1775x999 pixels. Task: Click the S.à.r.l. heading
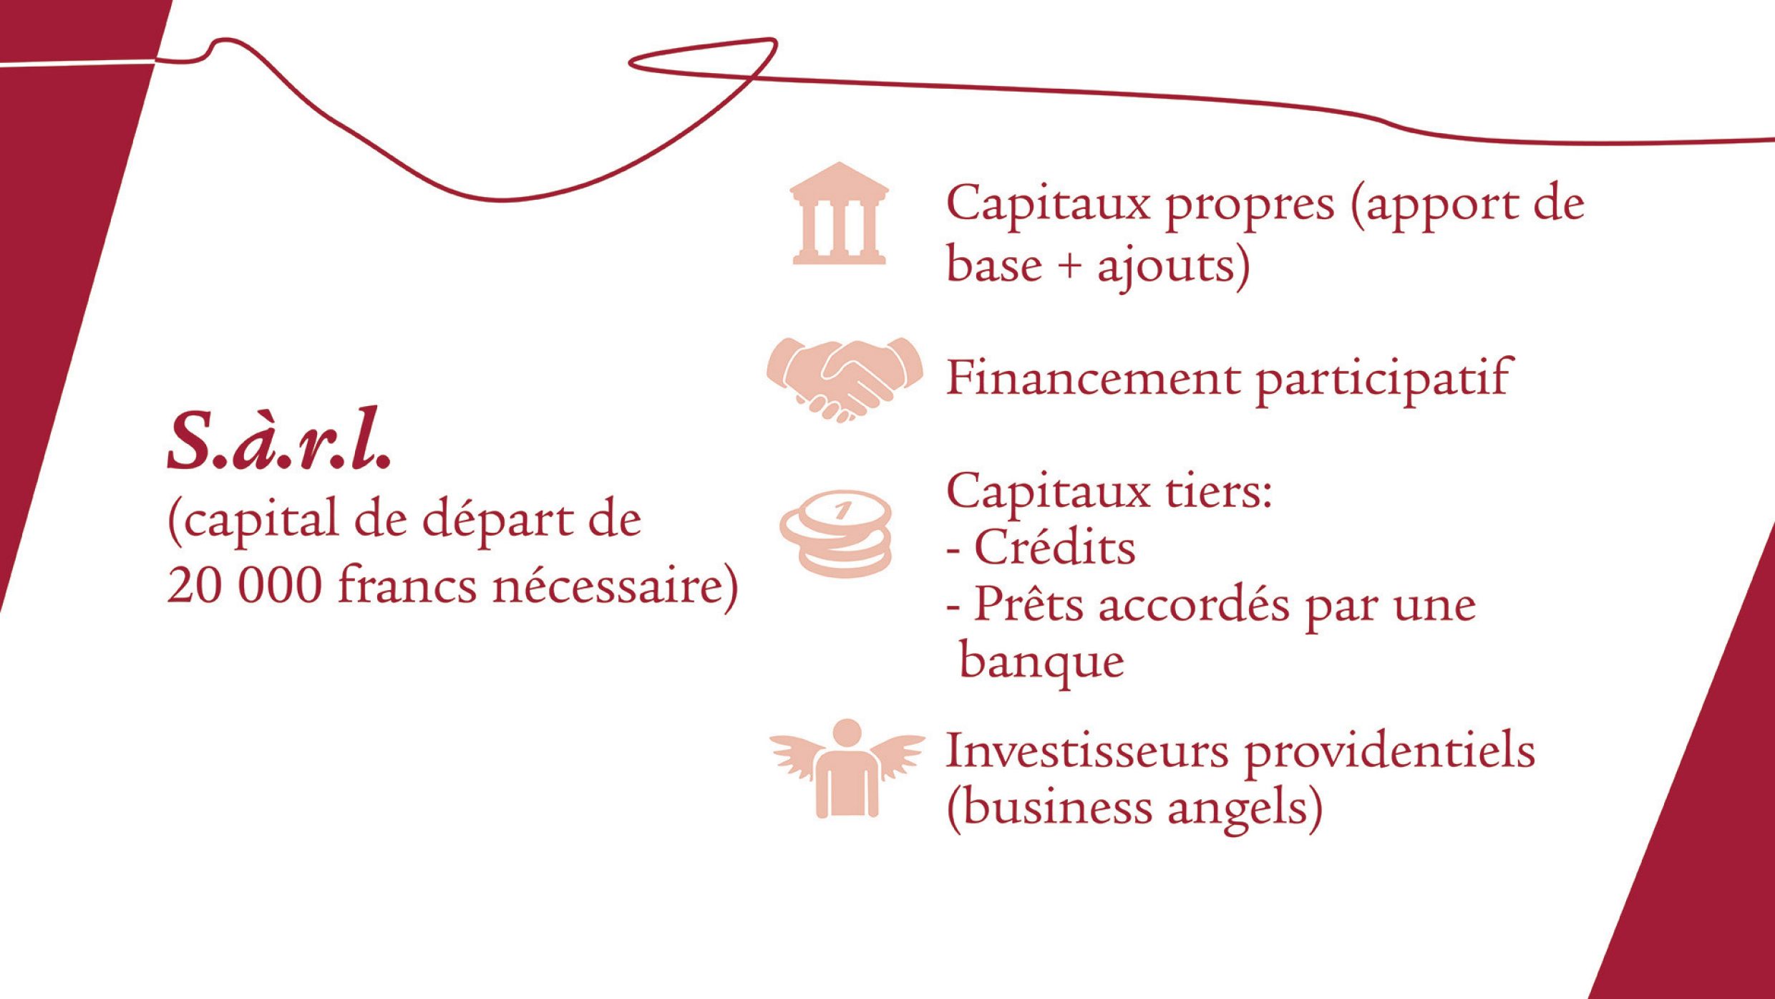tap(280, 438)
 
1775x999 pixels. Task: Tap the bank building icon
tap(839, 213)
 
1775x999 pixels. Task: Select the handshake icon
tap(845, 379)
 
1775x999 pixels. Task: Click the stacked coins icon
tap(836, 534)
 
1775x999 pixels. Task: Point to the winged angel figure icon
tap(847, 768)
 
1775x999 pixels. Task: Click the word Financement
tap(1093, 377)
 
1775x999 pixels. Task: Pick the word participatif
tap(1383, 381)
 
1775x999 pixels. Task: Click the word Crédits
tap(1055, 548)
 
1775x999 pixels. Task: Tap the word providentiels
tap(1389, 753)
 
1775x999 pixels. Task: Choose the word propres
tap(1250, 206)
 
